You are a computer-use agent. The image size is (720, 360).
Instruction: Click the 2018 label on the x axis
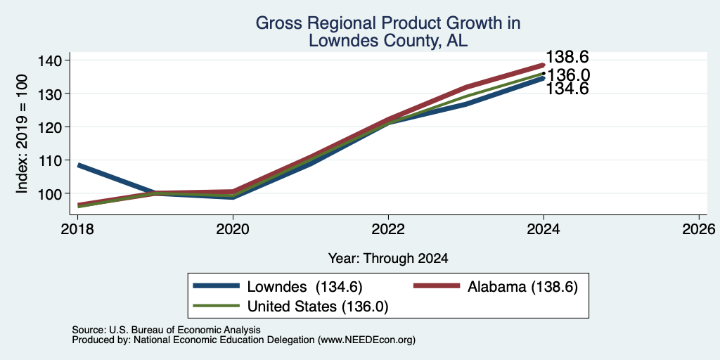tap(77, 229)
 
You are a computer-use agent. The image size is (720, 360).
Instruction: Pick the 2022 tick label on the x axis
tap(388, 229)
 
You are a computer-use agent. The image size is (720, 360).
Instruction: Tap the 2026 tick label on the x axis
tap(699, 229)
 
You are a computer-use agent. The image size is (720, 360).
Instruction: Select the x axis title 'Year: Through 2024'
tap(388, 259)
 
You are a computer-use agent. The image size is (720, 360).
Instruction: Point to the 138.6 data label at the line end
tap(567, 57)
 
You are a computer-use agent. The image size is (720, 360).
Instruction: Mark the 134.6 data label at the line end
tap(567, 89)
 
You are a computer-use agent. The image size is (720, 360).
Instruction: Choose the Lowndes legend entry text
tap(305, 287)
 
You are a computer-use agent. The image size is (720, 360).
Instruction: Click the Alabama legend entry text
tap(522, 287)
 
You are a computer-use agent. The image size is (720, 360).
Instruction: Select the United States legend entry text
tap(318, 307)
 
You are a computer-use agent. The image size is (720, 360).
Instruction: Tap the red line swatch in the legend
tap(437, 286)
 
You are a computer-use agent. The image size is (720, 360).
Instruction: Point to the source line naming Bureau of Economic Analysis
tap(166, 330)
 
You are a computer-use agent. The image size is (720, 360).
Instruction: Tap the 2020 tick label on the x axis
tap(233, 229)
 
